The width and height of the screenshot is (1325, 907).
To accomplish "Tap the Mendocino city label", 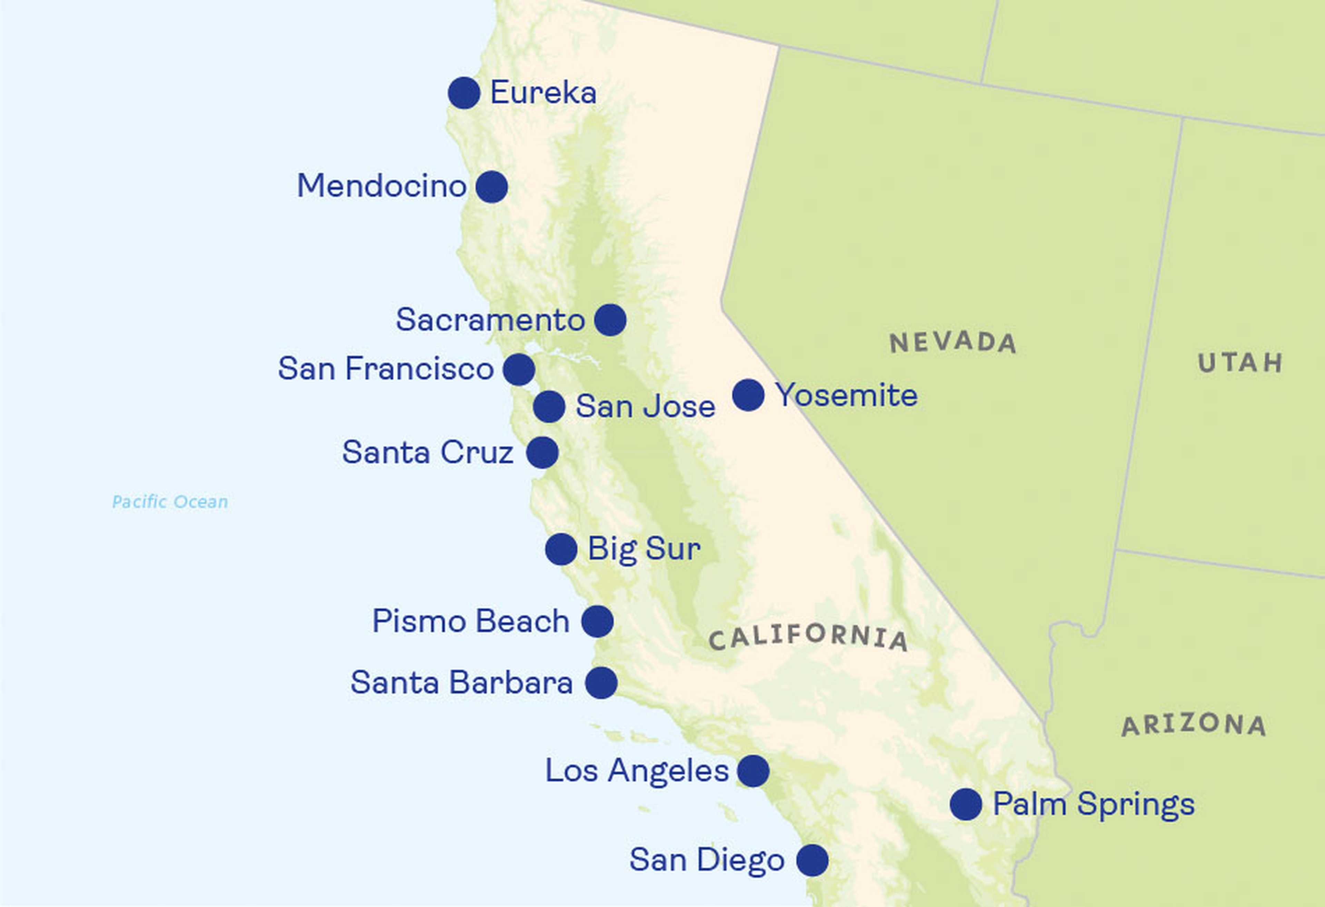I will pos(381,186).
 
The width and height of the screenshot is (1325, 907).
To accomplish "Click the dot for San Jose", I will pos(549,407).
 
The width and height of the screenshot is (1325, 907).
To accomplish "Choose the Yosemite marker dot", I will pos(748,395).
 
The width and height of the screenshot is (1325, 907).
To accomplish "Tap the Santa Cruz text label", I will pos(428,452).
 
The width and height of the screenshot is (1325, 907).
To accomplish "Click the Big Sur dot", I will pos(561,549).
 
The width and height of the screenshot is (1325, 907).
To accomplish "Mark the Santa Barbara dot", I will pos(601,683).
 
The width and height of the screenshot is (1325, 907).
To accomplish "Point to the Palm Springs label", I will pos(1093,805).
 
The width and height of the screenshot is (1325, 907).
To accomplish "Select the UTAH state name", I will pos(1240,363).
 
